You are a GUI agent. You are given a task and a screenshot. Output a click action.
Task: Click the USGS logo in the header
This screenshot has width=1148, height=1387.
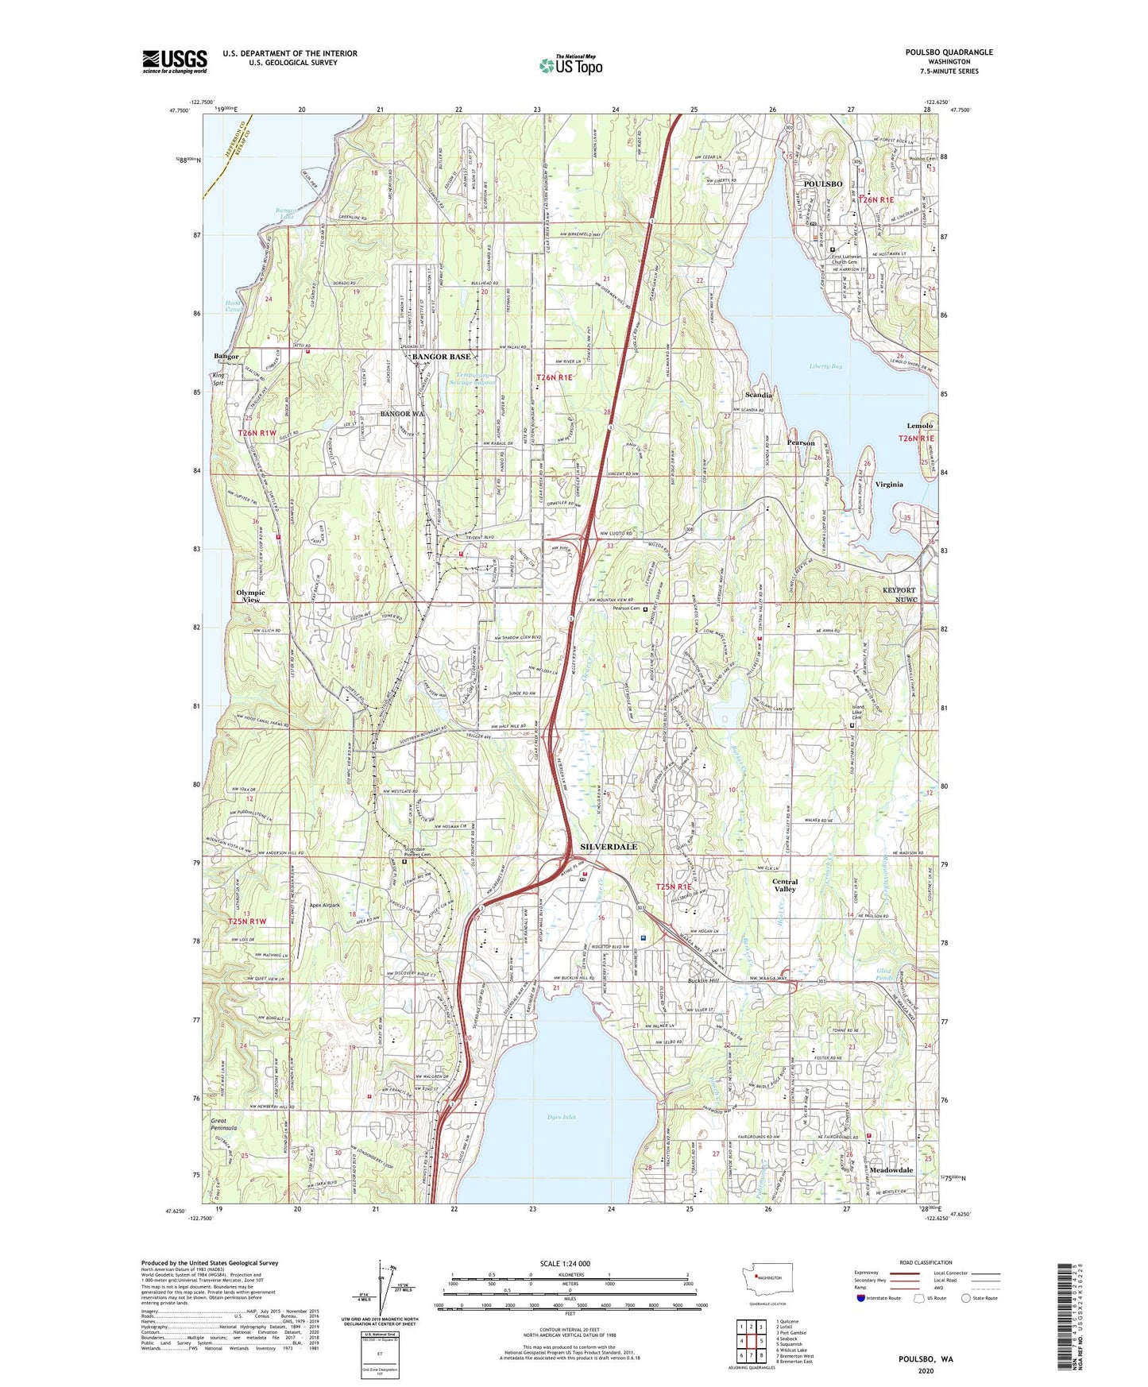click(x=174, y=61)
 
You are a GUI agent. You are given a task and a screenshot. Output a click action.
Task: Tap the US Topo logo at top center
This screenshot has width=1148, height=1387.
click(x=570, y=65)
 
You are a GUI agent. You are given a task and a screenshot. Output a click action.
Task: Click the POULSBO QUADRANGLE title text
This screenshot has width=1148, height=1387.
click(x=949, y=52)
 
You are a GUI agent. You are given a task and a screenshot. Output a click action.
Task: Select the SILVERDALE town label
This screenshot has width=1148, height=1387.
click(x=609, y=847)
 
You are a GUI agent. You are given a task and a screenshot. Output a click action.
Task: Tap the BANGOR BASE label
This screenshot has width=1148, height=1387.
click(x=442, y=357)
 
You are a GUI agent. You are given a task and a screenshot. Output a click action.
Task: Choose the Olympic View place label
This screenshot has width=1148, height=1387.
click(x=250, y=596)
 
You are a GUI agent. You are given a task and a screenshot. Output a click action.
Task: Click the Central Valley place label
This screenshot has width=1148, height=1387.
click(x=785, y=885)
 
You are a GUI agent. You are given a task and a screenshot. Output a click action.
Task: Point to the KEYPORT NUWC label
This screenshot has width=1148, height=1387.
click(x=899, y=595)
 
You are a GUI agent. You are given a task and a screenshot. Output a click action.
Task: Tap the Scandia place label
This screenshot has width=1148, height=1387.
click(x=759, y=395)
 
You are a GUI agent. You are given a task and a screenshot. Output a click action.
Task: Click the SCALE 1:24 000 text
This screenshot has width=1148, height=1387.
click(x=568, y=1263)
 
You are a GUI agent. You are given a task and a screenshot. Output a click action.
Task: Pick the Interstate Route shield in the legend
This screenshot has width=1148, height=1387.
click(x=863, y=1298)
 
